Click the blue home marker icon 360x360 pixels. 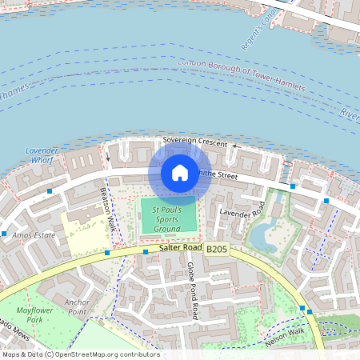180,173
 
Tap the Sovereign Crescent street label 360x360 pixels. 195,140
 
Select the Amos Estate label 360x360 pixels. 34,234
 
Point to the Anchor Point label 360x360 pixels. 78,307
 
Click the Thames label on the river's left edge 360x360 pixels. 13,95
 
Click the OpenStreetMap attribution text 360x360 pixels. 80,354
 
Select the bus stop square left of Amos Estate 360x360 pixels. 4,234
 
